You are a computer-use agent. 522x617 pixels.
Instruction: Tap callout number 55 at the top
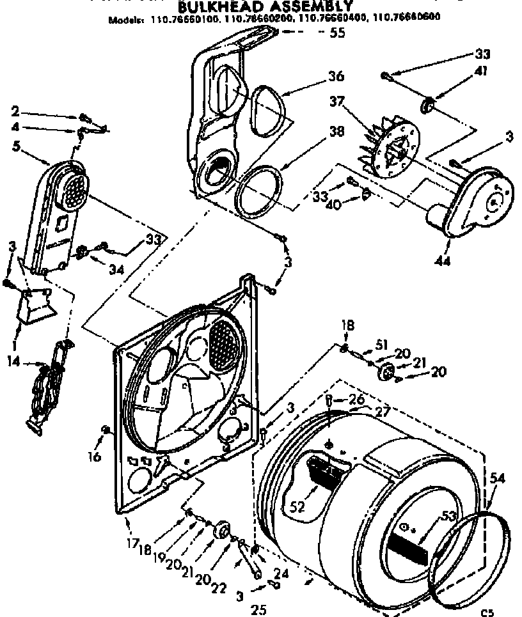pyautogui.click(x=336, y=33)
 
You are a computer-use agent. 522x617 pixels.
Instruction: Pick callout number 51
pyautogui.click(x=382, y=345)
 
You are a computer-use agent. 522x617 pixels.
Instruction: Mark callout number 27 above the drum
pyautogui.click(x=382, y=413)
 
